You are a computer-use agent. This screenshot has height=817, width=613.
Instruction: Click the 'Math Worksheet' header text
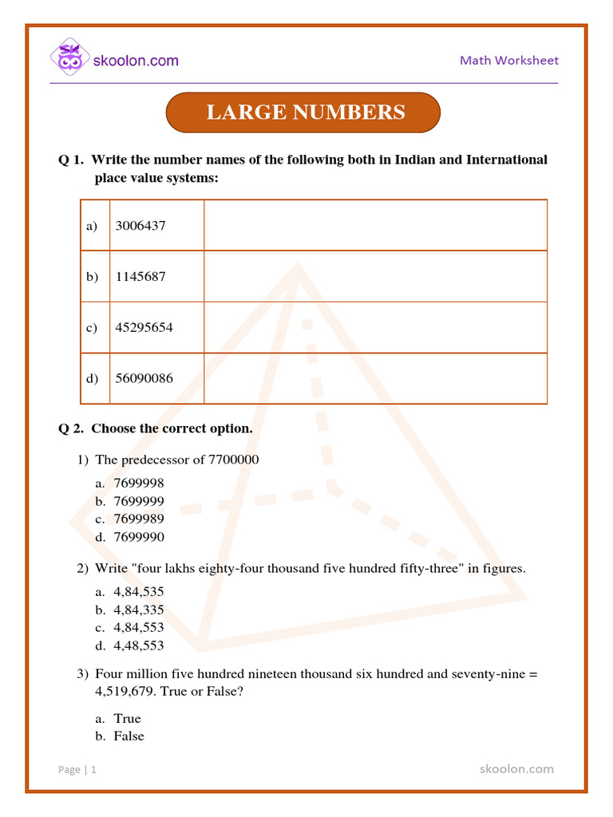[x=508, y=61]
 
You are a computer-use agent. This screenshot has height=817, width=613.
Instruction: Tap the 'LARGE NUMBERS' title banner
[x=305, y=112]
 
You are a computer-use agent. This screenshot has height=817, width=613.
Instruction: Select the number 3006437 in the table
[x=140, y=226]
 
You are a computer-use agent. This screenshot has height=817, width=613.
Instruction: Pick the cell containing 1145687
[x=140, y=277]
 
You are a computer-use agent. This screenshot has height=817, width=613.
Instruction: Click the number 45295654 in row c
[x=144, y=328]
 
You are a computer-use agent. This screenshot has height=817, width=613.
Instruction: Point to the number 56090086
[x=144, y=378]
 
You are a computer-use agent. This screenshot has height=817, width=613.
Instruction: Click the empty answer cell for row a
[x=375, y=226]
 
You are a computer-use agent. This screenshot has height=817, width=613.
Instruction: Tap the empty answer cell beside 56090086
[x=375, y=378]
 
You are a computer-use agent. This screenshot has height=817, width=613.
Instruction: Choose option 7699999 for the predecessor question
[x=139, y=501]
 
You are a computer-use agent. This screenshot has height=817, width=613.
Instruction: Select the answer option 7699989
[x=139, y=519]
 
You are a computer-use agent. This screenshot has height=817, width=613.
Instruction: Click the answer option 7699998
[x=139, y=483]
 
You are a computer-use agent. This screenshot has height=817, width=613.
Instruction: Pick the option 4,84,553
[x=139, y=628]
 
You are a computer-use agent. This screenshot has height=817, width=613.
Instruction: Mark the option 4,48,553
[x=139, y=645]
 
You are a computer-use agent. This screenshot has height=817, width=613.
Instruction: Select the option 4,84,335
[x=139, y=610]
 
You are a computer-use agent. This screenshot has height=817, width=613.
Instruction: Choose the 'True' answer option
[x=127, y=719]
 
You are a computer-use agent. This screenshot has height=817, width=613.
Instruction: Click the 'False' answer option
[x=129, y=736]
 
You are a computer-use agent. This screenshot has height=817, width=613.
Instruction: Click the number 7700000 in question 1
[x=233, y=460]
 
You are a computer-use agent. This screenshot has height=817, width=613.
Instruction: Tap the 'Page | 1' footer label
[x=77, y=770]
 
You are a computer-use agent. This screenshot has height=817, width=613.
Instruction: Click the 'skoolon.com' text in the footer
[x=516, y=769]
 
